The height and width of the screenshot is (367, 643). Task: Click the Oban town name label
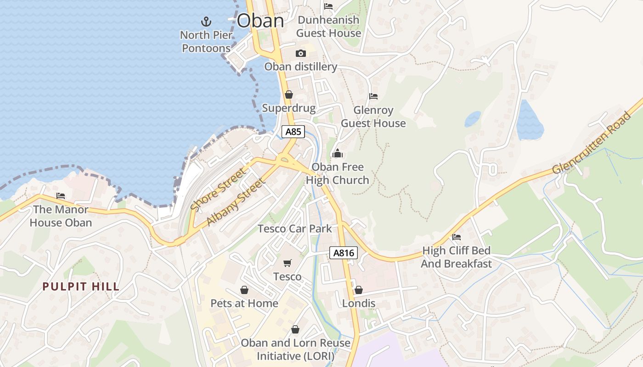tap(260, 21)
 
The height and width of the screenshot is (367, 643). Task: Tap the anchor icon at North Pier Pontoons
tap(206, 21)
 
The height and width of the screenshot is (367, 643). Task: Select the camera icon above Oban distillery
tap(301, 53)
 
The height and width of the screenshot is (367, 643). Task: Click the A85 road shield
tap(293, 132)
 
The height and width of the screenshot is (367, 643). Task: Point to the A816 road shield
tap(343, 253)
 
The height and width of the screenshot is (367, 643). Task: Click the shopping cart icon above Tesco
tap(288, 263)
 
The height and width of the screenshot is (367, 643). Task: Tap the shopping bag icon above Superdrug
tap(288, 95)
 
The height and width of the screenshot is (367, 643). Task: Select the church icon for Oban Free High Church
tap(338, 153)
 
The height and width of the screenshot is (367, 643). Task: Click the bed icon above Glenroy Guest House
tap(373, 96)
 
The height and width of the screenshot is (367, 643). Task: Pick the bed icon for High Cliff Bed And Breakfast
tap(456, 237)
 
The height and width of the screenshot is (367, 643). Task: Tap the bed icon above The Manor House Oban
tap(61, 196)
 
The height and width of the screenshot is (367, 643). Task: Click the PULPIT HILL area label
tap(81, 287)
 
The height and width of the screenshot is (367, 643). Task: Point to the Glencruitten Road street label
tap(592, 143)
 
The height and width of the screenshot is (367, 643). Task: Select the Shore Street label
tap(218, 190)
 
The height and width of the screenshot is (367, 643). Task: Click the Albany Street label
tap(236, 202)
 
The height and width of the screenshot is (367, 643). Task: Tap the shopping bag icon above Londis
tap(358, 290)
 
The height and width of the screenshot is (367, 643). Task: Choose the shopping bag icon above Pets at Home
tap(244, 290)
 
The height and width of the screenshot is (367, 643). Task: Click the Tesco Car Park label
tap(294, 228)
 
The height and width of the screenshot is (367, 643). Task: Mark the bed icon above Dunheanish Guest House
tap(328, 6)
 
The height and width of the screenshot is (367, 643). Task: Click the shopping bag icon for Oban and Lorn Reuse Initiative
tap(295, 329)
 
